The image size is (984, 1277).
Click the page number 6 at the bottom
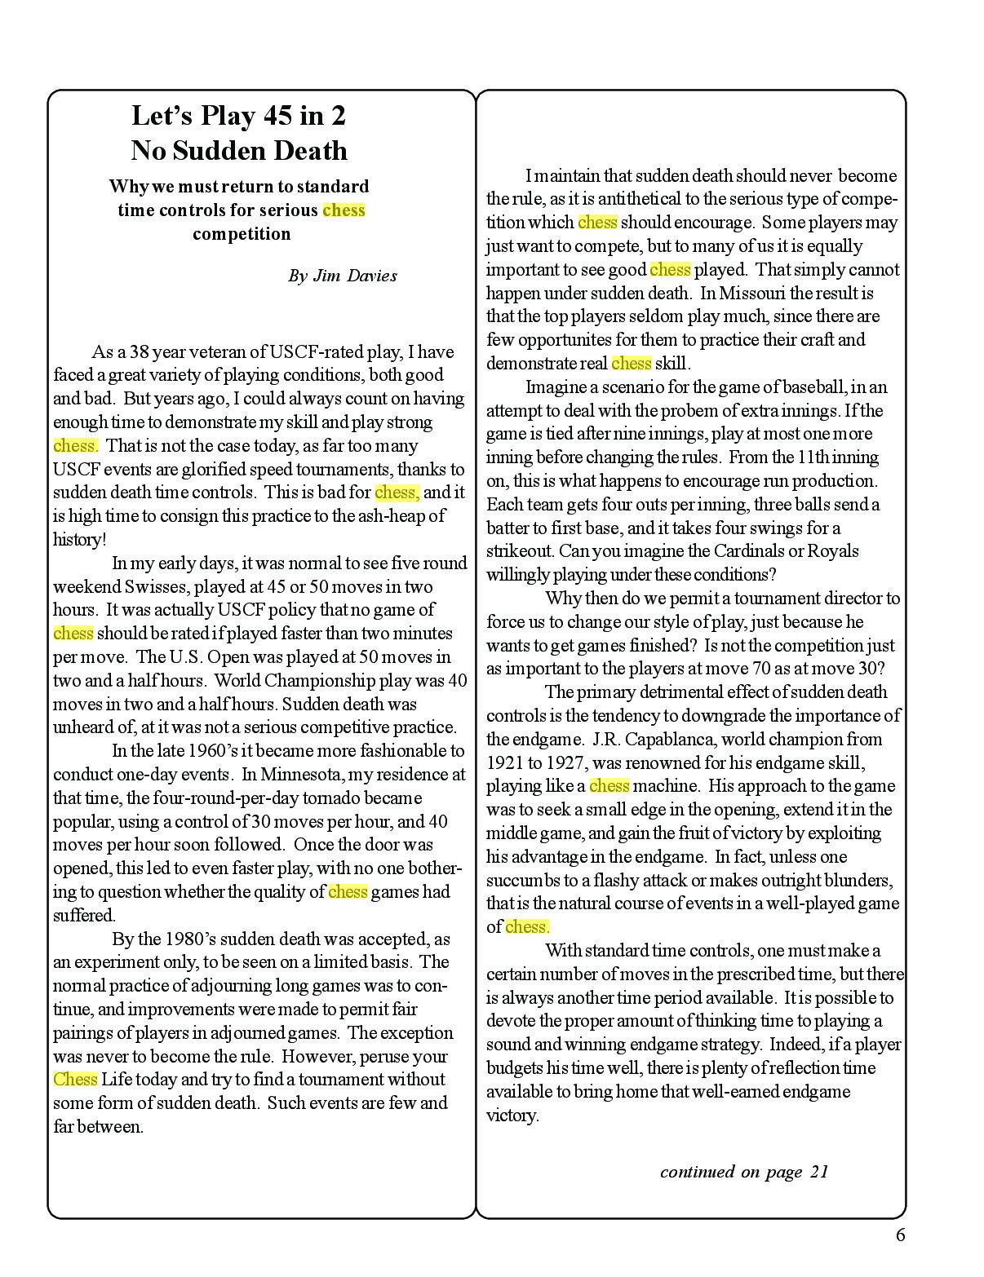(900, 1235)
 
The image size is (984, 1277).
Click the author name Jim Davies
(354, 276)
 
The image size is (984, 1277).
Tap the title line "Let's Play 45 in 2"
(238, 116)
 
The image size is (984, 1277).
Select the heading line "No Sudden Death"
(238, 151)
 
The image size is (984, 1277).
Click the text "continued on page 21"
(743, 1172)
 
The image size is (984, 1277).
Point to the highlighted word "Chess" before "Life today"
(75, 1080)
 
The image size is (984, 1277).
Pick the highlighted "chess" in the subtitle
(344, 210)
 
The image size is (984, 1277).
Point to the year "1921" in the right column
(506, 763)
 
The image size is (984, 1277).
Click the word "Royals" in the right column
(833, 551)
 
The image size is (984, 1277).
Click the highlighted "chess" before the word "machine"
(609, 786)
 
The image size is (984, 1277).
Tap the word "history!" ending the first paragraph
(79, 540)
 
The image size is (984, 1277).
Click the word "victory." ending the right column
(512, 1116)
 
